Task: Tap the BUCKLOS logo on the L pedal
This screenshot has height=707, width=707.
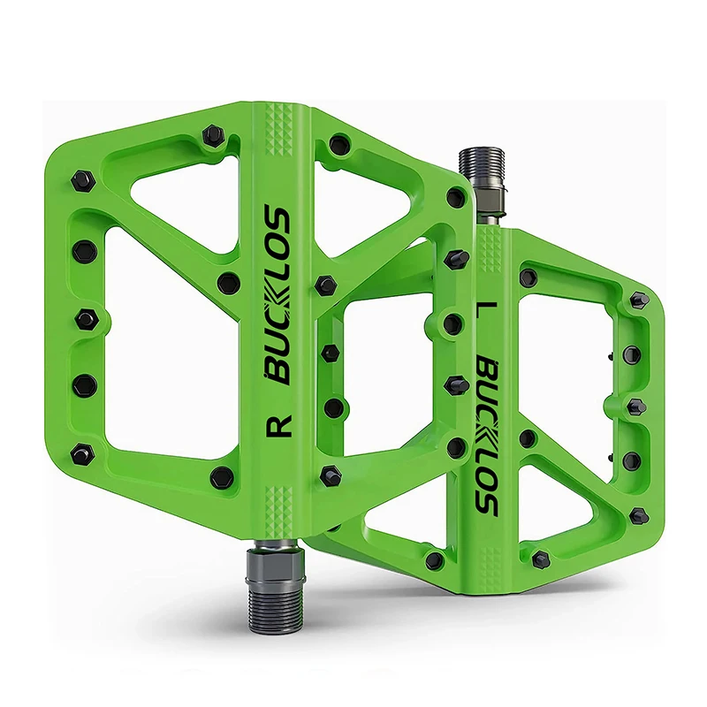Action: tap(484, 433)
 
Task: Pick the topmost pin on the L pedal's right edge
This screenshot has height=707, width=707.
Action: tap(639, 300)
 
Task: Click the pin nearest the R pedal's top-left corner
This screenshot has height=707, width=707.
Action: tap(212, 135)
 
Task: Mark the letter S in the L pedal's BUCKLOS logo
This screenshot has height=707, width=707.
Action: tap(484, 498)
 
